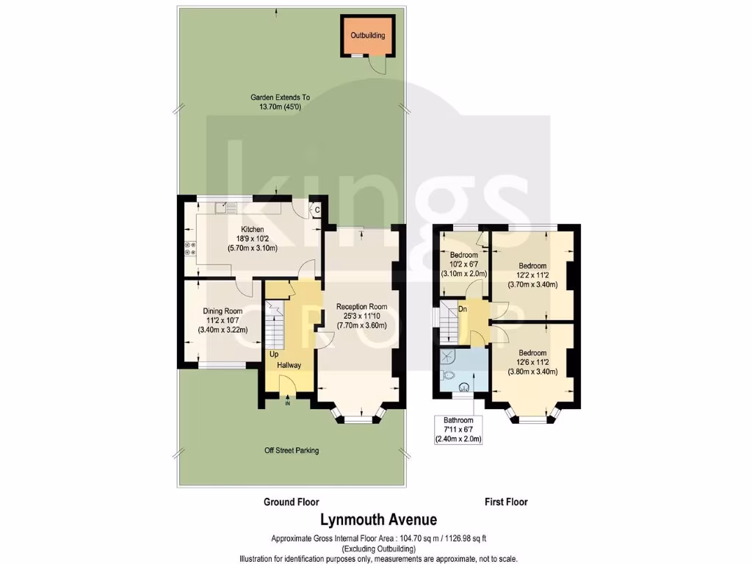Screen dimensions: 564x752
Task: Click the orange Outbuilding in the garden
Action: tap(367, 35)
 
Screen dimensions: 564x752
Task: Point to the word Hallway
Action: tap(289, 365)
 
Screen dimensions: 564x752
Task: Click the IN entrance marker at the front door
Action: tap(288, 403)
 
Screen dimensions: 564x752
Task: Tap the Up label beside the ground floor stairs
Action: tap(273, 354)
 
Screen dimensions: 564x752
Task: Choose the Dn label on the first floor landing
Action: tap(463, 309)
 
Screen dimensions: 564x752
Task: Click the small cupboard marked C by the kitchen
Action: tap(317, 210)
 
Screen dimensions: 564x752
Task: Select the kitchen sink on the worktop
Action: tap(223, 209)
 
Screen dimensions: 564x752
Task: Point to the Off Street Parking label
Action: tap(292, 451)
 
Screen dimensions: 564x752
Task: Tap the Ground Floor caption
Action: tap(292, 502)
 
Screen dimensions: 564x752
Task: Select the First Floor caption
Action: tap(506, 502)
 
